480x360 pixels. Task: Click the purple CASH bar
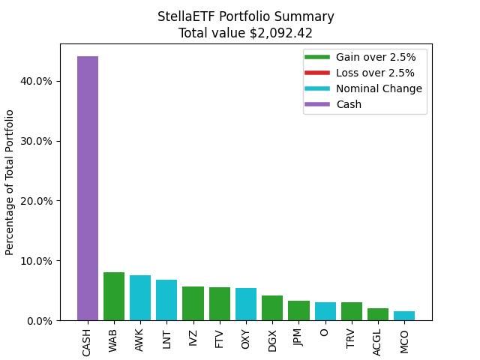pos(87,188)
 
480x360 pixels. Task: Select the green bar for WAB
pos(114,296)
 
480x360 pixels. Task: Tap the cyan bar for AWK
pos(140,298)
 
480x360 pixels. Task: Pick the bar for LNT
pos(166,300)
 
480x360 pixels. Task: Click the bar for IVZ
pos(193,304)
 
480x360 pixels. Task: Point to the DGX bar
pos(272,308)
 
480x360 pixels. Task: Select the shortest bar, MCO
pos(404,316)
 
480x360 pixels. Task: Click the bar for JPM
pos(298,310)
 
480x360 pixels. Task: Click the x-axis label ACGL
pos(378,340)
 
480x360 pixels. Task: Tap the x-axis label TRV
pos(352,338)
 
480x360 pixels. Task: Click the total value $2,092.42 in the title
pos(245,33)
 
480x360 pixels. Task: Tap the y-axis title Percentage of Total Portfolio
pos(10,182)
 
